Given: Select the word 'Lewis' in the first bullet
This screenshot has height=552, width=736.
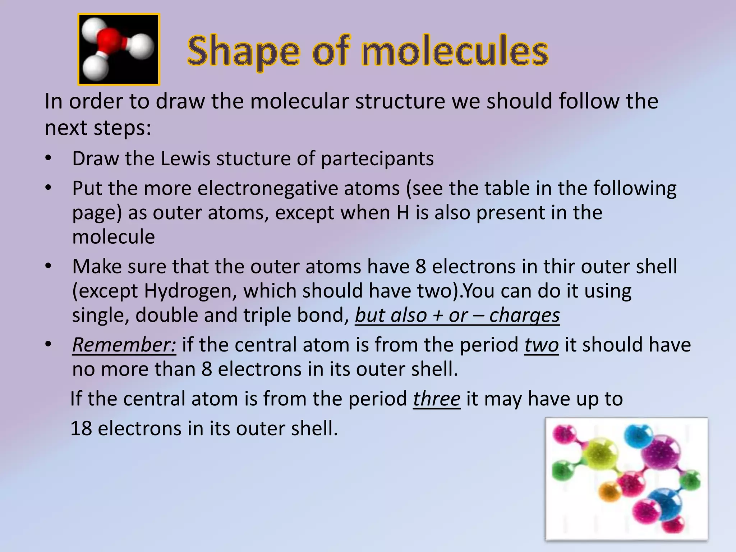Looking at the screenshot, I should pos(185,158).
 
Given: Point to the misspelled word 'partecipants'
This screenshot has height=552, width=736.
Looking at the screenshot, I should pos(377,158).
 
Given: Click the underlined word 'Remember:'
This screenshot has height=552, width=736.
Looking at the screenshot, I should pos(124,345).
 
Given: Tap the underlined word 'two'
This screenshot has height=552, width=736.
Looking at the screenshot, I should pos(541,345).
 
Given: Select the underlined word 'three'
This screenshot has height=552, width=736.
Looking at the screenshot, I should pos(437,399).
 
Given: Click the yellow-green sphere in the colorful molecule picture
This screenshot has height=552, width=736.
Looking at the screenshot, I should pos(601,456).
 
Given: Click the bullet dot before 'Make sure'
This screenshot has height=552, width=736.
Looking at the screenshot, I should pos(49,267).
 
